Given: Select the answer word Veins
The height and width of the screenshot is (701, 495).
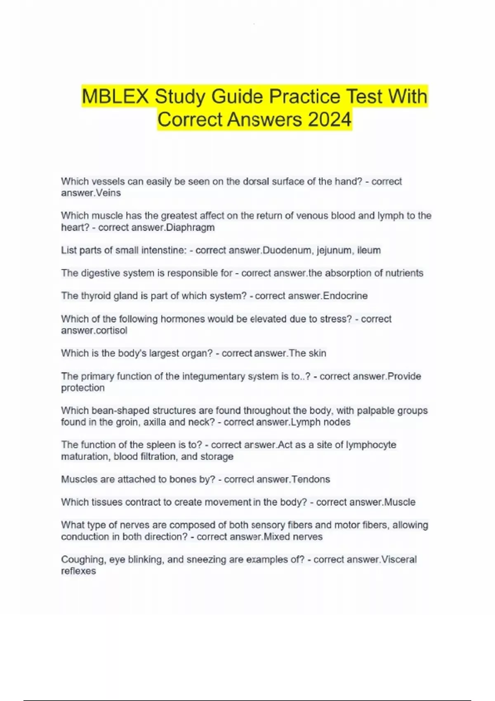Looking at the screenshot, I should click(108, 193).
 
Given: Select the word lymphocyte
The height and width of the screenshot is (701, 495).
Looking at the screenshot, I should click(371, 445).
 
